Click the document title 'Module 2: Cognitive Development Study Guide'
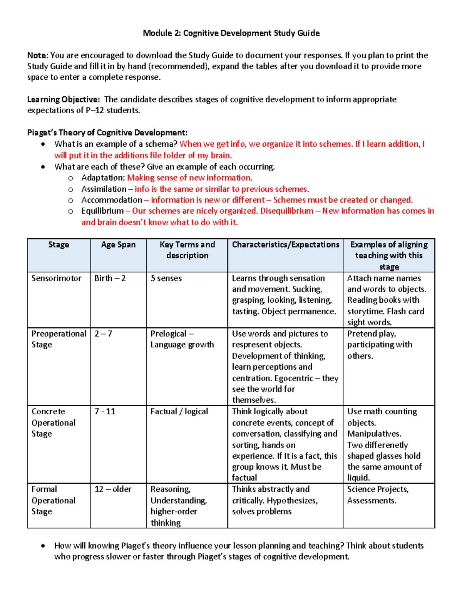231,33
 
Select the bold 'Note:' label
37,55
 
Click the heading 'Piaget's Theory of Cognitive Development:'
107,132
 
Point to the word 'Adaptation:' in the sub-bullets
103,178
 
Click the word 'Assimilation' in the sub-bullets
104,189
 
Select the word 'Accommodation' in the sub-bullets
111,200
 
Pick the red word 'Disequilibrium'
286,211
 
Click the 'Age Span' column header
118,245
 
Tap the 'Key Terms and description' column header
187,250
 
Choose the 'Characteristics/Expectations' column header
285,245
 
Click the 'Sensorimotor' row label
56,278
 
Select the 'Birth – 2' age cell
110,278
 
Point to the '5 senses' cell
166,278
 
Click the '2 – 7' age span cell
103,333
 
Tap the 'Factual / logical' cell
179,411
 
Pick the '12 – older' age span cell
113,489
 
